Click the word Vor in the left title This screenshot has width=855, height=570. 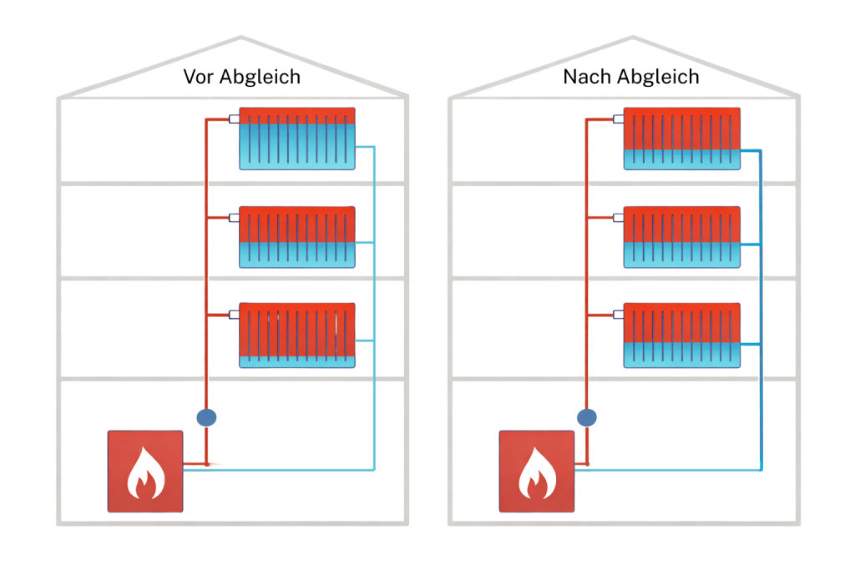click(x=199, y=78)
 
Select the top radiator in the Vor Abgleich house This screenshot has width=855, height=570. click(x=297, y=139)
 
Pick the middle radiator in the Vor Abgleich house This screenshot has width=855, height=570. click(x=297, y=237)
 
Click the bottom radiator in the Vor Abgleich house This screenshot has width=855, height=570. click(x=297, y=335)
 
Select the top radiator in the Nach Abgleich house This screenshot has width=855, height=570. click(x=682, y=139)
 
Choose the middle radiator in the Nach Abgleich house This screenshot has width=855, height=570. click(x=682, y=237)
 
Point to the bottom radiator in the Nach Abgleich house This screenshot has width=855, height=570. click(x=682, y=335)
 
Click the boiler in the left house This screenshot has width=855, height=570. click(x=145, y=472)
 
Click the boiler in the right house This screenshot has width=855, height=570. click(x=536, y=472)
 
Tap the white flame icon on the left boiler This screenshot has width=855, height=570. click(x=144, y=475)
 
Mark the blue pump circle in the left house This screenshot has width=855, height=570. click(x=206, y=416)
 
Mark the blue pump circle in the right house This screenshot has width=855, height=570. click(x=587, y=416)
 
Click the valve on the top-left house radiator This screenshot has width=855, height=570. click(x=235, y=119)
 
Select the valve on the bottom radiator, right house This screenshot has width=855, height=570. click(x=619, y=315)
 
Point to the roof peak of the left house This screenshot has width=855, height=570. click(x=241, y=38)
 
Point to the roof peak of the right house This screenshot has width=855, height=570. click(x=632, y=38)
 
